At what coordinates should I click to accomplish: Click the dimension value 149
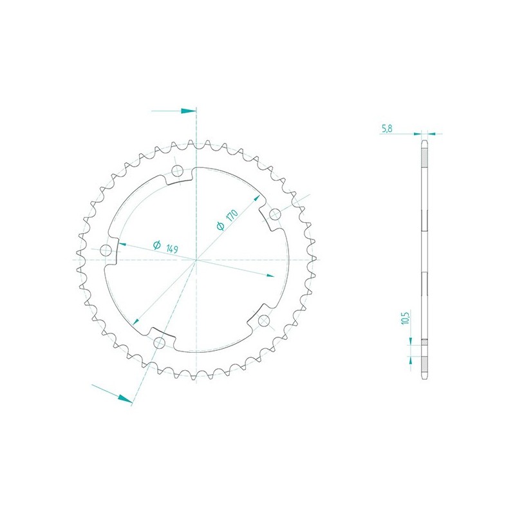(x=172, y=248)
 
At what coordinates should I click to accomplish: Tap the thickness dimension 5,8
(x=387, y=128)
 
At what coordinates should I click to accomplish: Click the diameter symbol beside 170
(x=220, y=226)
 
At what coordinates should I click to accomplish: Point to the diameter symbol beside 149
(x=157, y=245)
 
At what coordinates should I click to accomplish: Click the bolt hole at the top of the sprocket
(x=178, y=170)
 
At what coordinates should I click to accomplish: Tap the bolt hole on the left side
(x=106, y=250)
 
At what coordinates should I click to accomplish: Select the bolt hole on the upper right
(x=275, y=214)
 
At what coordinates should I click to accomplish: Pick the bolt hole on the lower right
(x=264, y=320)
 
